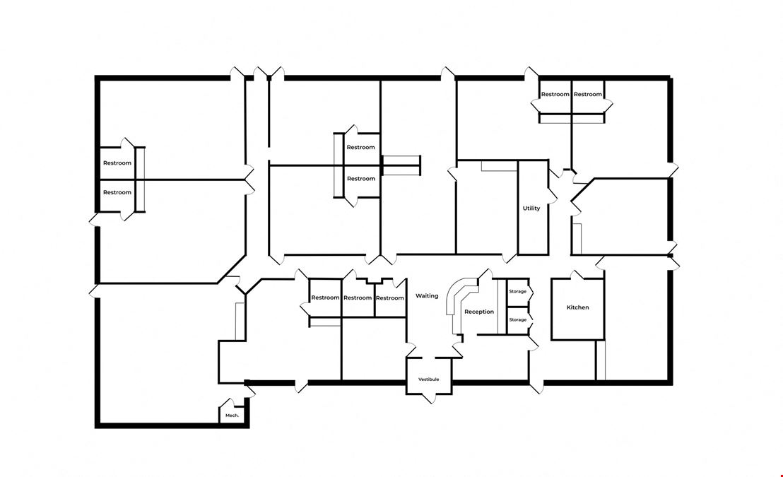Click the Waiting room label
coord(427,295)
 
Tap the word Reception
coord(479,312)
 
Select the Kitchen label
coord(578,307)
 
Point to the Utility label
coord(531,208)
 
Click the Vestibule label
coord(428,379)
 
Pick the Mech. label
coord(232,415)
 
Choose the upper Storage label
coord(518,291)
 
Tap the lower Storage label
coord(518,319)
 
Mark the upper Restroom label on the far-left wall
coord(117,163)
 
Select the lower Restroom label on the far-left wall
coord(117,192)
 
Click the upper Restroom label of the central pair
coord(360,148)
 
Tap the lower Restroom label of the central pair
coord(361,178)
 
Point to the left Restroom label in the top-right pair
coord(555,95)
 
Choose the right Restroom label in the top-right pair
coord(588,95)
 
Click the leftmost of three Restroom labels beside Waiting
coord(325,298)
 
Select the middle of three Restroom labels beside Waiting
coord(358,298)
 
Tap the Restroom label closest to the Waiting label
coord(389,298)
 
